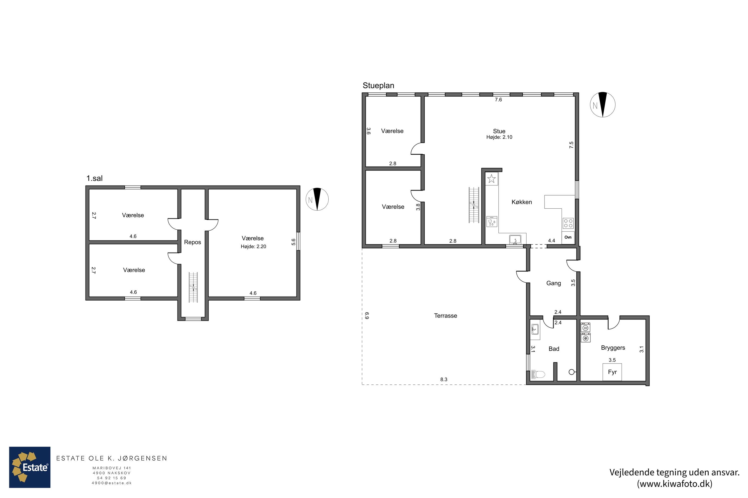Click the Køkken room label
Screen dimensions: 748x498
tap(522, 202)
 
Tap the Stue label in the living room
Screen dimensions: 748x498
tap(499, 131)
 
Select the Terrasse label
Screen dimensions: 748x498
tap(446, 316)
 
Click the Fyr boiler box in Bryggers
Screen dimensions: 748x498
tap(612, 372)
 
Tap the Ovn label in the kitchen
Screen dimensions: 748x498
tap(568, 237)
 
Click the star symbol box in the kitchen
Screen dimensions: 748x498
tap(491, 179)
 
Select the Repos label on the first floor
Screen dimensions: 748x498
tap(192, 242)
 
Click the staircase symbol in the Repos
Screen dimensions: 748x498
tap(193, 287)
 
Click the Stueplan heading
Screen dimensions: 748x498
tap(378, 85)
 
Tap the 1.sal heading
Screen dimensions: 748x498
tap(94, 179)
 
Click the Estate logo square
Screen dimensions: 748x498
tap(30, 467)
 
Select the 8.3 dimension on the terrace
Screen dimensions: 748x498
tap(444, 379)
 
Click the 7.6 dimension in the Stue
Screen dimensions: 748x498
tap(498, 100)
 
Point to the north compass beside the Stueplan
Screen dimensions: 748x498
tap(603, 105)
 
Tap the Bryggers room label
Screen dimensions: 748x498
tap(613, 348)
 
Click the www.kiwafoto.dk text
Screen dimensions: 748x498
tap(674, 484)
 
